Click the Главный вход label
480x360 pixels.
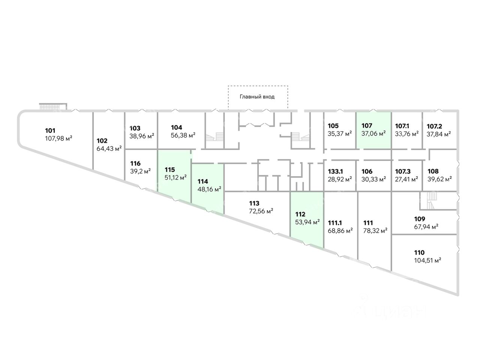point(257,97)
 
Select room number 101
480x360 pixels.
point(50,131)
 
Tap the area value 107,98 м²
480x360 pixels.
point(58,138)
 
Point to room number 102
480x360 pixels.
point(102,141)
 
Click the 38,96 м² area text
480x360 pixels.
point(142,136)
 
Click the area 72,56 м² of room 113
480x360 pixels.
point(261,211)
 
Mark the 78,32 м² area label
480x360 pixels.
point(375,231)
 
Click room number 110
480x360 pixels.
point(419,253)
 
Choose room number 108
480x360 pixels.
point(433,171)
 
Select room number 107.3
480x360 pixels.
point(403,171)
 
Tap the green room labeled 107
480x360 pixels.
point(373,130)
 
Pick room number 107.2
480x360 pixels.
point(435,126)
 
